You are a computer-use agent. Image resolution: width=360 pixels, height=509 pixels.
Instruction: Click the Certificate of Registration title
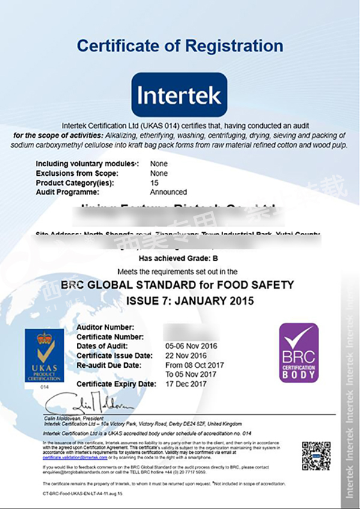click(180, 46)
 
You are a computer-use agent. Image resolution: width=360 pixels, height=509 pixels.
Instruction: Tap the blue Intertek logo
click(179, 94)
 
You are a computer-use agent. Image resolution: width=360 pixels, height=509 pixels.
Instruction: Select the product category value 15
click(154, 182)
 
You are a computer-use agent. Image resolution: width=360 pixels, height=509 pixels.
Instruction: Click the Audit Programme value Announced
click(169, 192)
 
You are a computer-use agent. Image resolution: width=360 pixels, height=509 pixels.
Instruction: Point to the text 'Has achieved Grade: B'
click(179, 259)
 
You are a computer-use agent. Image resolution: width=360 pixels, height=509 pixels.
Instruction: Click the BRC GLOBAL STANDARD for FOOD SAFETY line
click(179, 285)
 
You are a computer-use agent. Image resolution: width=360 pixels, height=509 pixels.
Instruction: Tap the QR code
click(316, 456)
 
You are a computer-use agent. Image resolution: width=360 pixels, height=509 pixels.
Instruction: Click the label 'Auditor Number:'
click(105, 327)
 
